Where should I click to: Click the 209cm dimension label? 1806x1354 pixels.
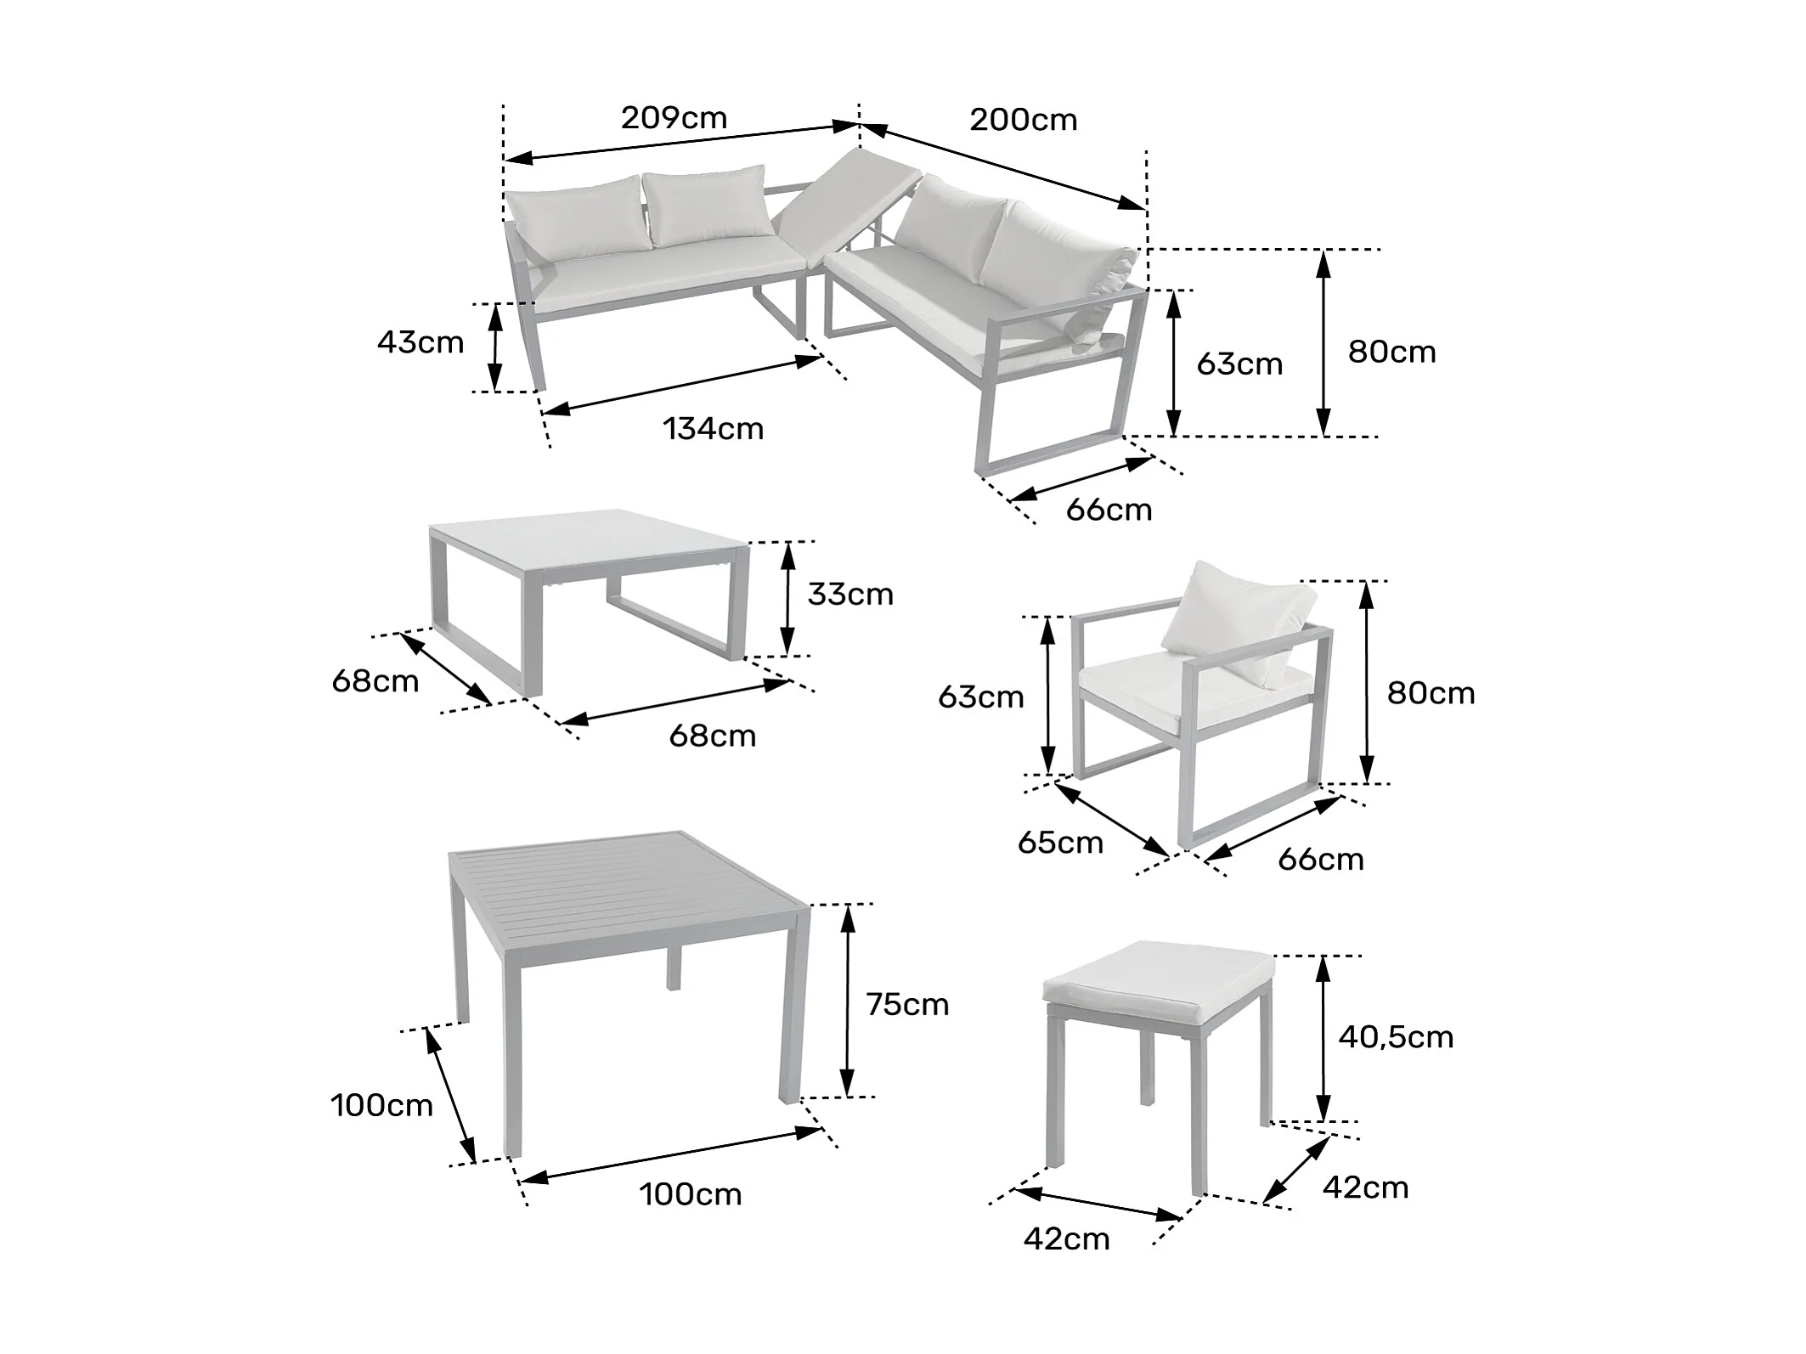(x=674, y=117)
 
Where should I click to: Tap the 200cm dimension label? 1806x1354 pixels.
(x=1024, y=120)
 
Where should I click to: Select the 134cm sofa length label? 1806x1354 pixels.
(x=714, y=429)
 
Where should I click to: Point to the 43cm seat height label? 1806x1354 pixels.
(x=420, y=342)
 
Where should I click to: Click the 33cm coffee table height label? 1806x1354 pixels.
(x=850, y=595)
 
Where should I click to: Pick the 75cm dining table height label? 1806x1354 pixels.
(x=907, y=1005)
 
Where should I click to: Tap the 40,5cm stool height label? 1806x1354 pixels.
(x=1396, y=1037)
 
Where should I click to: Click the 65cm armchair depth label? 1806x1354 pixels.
(x=1060, y=843)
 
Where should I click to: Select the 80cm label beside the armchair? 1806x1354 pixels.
(x=1431, y=693)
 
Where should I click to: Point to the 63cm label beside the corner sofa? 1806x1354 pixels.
(x=1239, y=364)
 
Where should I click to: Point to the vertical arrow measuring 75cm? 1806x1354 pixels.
(x=847, y=1000)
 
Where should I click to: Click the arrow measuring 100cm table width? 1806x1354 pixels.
(x=671, y=1154)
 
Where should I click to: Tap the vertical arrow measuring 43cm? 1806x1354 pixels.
(x=494, y=347)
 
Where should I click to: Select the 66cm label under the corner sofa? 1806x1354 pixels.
(x=1109, y=511)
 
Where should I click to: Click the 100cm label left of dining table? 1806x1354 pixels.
(x=381, y=1106)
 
